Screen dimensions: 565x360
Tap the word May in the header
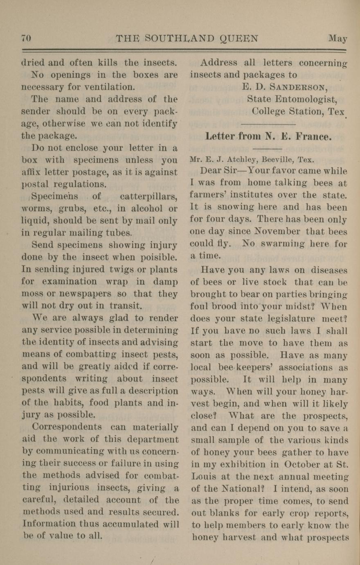coord(337,39)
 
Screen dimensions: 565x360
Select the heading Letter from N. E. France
coord(268,136)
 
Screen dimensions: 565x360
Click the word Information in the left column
coord(48,524)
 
